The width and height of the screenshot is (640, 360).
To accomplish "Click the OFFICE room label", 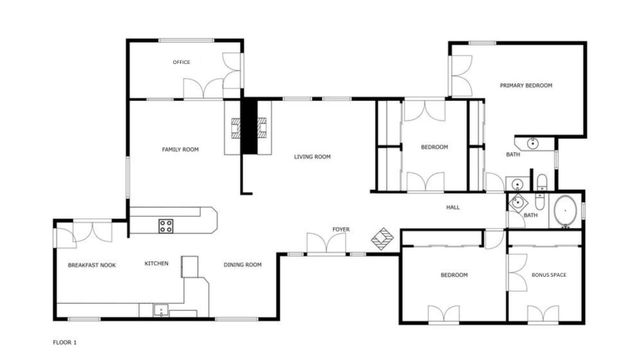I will tap(181, 62).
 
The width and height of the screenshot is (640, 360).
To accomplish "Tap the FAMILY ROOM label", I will tap(181, 149).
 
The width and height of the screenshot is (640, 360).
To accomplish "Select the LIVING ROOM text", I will tap(312, 157).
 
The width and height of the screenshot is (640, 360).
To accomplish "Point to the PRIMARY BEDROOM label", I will tap(526, 86).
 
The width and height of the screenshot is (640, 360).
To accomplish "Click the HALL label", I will tap(452, 207).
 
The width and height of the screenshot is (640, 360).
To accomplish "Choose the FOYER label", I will tap(341, 229).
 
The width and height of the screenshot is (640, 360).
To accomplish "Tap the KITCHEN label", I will tap(156, 264).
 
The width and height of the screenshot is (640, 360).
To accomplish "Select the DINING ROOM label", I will tap(242, 264).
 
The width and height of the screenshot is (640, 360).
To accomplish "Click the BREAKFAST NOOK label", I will tap(92, 265).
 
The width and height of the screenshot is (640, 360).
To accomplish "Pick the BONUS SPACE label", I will tap(549, 274).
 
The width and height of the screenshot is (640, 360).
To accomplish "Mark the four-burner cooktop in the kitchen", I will tap(166, 225).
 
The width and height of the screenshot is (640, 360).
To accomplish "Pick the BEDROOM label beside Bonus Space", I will tap(454, 274).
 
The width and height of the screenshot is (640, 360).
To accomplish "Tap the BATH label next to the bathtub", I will tap(530, 215).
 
